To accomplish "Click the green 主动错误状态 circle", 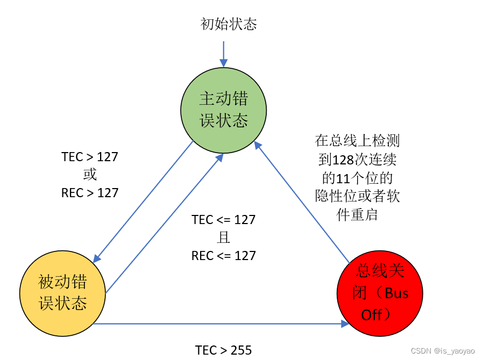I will (223, 110).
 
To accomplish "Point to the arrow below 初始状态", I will (223, 54).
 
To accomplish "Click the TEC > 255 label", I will (223, 350).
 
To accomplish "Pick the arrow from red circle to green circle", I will (301, 199).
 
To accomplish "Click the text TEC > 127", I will (90, 157).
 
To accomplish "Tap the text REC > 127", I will (90, 192).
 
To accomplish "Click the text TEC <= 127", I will (223, 220).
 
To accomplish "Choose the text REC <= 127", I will (223, 256).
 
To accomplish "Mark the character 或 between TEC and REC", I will (90, 175).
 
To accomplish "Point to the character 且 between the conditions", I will (223, 238).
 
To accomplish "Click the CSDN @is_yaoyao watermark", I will (442, 351).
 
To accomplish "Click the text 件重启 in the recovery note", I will (357, 215).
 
